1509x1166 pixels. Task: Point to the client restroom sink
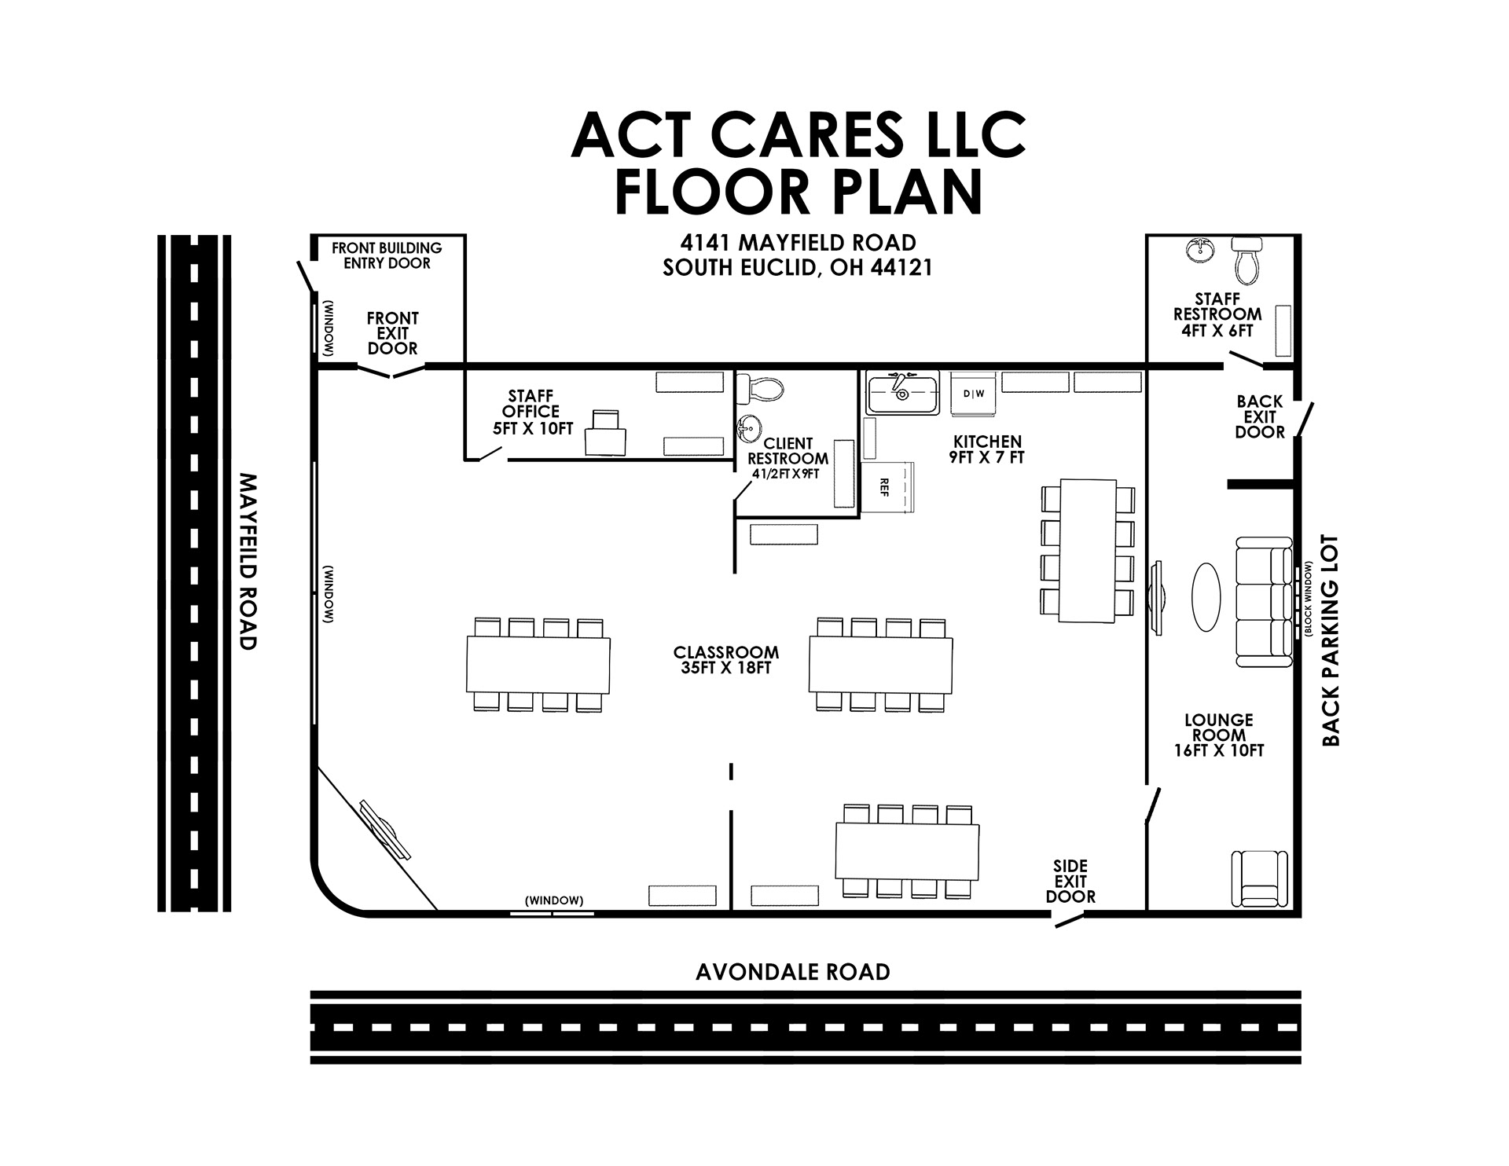point(749,430)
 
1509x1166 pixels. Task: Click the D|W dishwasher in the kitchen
point(973,394)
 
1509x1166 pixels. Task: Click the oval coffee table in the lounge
point(1206,596)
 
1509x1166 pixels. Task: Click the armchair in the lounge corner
point(1258,878)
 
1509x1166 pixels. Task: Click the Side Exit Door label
point(1070,882)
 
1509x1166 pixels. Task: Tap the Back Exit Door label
point(1259,417)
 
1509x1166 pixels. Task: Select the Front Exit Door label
point(392,333)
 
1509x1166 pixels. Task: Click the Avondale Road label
point(792,973)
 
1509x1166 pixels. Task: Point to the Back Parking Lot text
point(1330,640)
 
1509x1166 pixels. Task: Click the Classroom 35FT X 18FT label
point(725,660)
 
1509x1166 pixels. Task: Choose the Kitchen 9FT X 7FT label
point(986,449)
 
